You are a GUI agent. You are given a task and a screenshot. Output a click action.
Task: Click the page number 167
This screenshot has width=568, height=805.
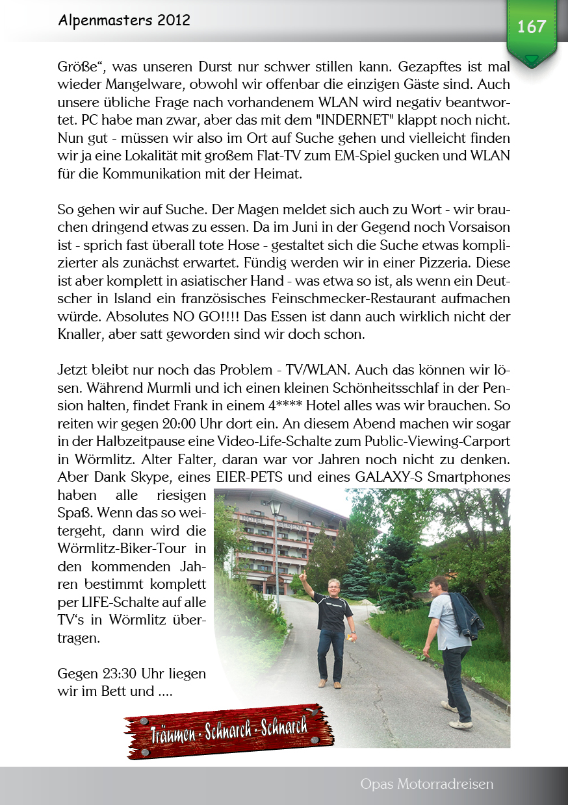(x=531, y=27)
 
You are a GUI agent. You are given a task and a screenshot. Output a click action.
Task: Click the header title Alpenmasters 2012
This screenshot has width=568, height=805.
(x=123, y=20)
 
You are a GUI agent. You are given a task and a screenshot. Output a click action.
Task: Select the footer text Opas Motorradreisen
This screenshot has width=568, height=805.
(x=426, y=784)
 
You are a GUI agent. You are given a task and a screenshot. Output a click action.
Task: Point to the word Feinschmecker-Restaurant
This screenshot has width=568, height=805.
(x=366, y=299)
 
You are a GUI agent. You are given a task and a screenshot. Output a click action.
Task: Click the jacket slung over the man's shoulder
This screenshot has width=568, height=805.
(x=465, y=615)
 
